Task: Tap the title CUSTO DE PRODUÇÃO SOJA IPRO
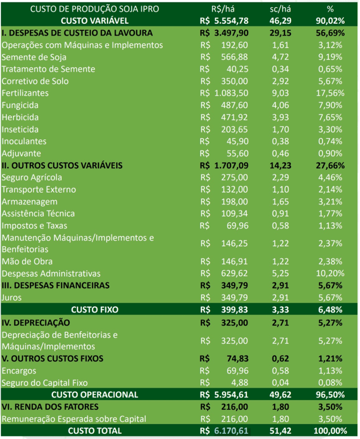pyautogui.click(x=94, y=9)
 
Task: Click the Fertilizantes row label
pyautogui.click(x=25, y=93)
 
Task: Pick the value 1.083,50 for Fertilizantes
pyautogui.click(x=231, y=93)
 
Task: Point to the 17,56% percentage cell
pyautogui.click(x=330, y=93)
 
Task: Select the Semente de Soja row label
pyautogui.click(x=34, y=57)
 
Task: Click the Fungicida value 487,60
pyautogui.click(x=236, y=105)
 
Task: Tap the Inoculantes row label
pyautogui.click(x=24, y=141)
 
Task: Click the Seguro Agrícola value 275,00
pyautogui.click(x=236, y=177)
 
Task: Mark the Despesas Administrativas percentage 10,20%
pyautogui.click(x=330, y=274)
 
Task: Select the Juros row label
pyautogui.click(x=12, y=298)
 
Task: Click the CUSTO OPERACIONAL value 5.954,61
pyautogui.click(x=231, y=394)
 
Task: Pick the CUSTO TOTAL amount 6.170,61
pyautogui.click(x=231, y=430)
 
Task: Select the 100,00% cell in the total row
pyautogui.click(x=328, y=430)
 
